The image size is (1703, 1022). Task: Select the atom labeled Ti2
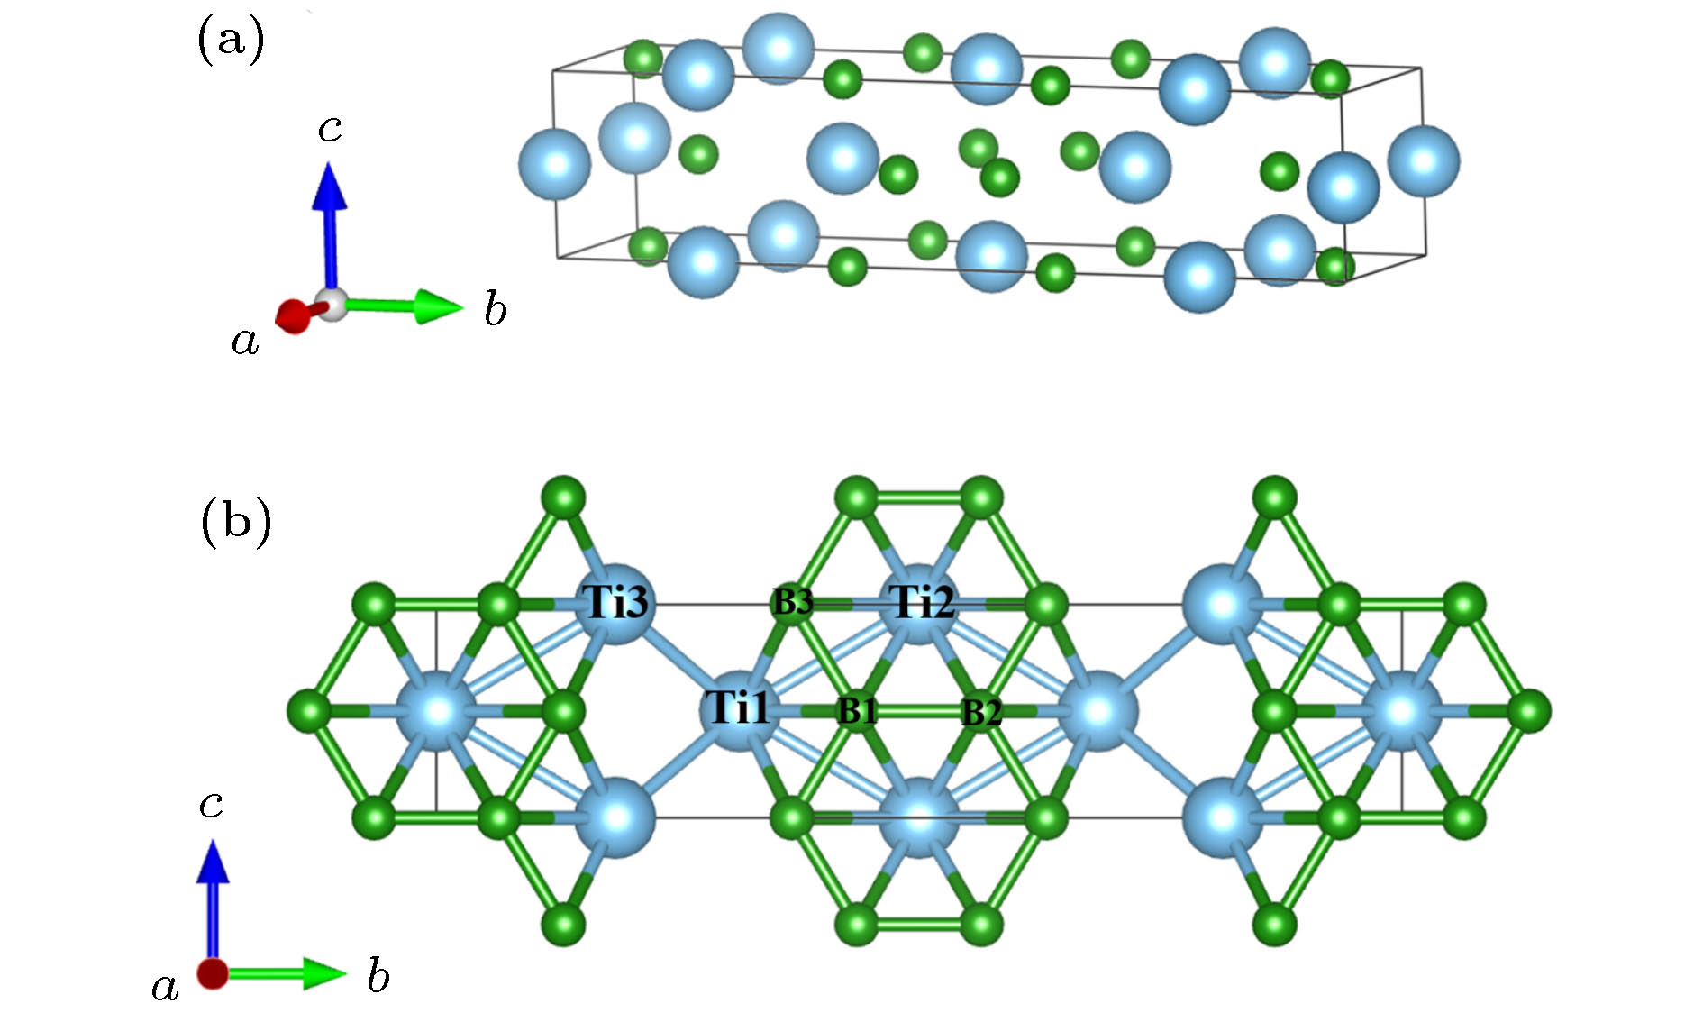pos(920,602)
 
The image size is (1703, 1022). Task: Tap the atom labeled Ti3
pos(616,602)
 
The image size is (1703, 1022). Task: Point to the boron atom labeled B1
pos(857,711)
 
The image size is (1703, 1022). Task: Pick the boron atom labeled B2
pos(981,712)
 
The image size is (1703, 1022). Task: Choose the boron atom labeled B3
pos(793,602)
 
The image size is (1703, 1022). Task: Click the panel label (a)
pos(231,41)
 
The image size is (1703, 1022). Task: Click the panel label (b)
pos(235,522)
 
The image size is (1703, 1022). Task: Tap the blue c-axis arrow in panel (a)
pos(330,225)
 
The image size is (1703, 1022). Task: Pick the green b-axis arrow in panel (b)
pos(288,973)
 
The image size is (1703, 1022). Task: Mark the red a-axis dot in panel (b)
pos(213,973)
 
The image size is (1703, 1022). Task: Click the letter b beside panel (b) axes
pos(378,976)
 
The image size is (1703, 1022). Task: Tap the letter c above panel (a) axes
pos(330,129)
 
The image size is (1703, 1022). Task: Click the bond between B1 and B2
pos(919,711)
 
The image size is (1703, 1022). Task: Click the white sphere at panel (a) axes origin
pos(332,305)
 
